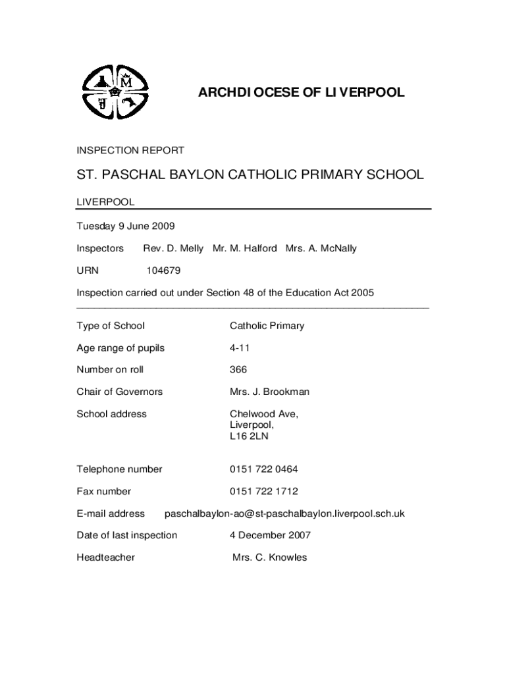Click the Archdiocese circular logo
click(x=116, y=94)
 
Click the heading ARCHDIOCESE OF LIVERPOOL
click(x=302, y=93)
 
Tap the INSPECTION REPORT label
click(x=130, y=151)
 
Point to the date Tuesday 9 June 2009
click(x=126, y=226)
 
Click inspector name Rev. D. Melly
click(x=173, y=249)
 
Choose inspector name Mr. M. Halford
click(x=245, y=249)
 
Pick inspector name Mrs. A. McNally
click(x=321, y=249)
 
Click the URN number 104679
click(x=163, y=271)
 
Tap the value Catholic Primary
click(x=267, y=326)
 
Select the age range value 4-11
click(x=240, y=348)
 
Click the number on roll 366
click(x=238, y=370)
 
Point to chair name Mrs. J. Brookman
click(x=269, y=392)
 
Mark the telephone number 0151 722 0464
click(x=263, y=469)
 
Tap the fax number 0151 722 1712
click(x=263, y=491)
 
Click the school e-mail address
click(x=284, y=513)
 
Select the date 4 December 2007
click(x=270, y=535)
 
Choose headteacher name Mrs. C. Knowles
click(x=270, y=557)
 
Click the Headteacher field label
click(x=106, y=557)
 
